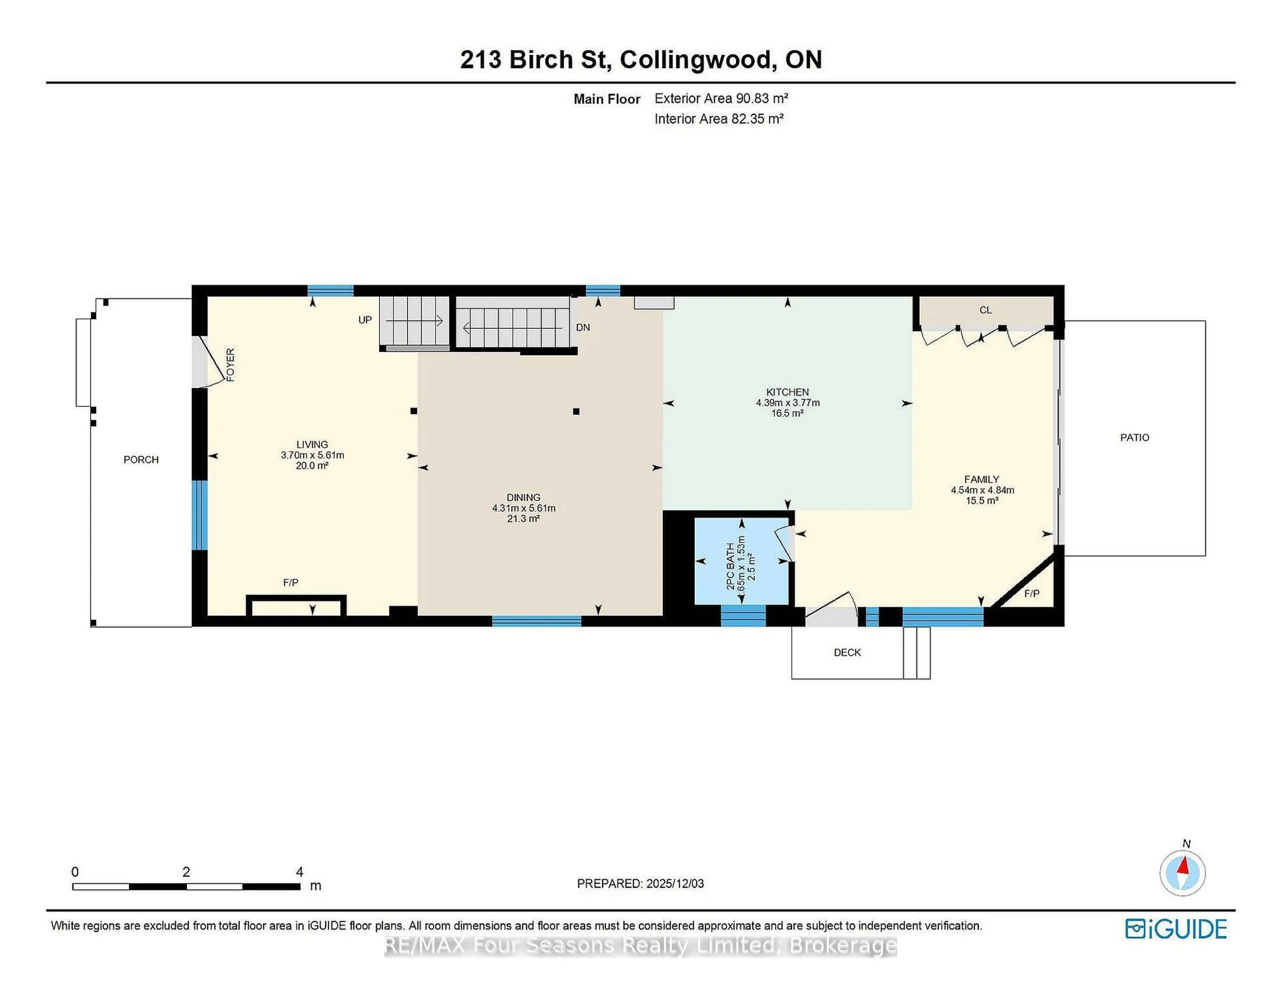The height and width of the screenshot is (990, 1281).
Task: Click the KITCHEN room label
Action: click(787, 392)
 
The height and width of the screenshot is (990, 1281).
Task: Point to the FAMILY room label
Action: click(982, 479)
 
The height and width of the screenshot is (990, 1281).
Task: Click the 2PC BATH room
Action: click(741, 562)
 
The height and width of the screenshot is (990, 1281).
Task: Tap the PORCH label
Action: click(141, 460)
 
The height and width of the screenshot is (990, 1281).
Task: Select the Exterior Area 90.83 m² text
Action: click(721, 98)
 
